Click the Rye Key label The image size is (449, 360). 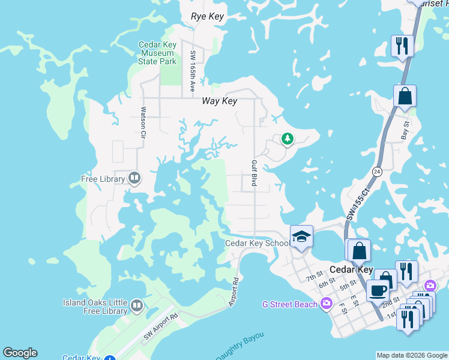coord(207,17)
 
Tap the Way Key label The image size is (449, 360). coord(220,101)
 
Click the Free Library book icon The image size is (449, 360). coord(134,178)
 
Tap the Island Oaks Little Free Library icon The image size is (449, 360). coord(137,307)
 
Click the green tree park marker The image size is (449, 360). coord(288,139)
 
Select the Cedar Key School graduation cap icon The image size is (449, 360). coord(301,236)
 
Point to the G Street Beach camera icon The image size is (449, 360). coord(327,304)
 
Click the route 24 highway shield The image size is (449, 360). coord(376,171)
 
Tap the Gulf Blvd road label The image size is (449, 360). coord(254,173)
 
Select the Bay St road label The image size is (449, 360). coord(405,130)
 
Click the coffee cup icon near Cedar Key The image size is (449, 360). coord(378,290)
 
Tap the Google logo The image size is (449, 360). coord(20,353)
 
